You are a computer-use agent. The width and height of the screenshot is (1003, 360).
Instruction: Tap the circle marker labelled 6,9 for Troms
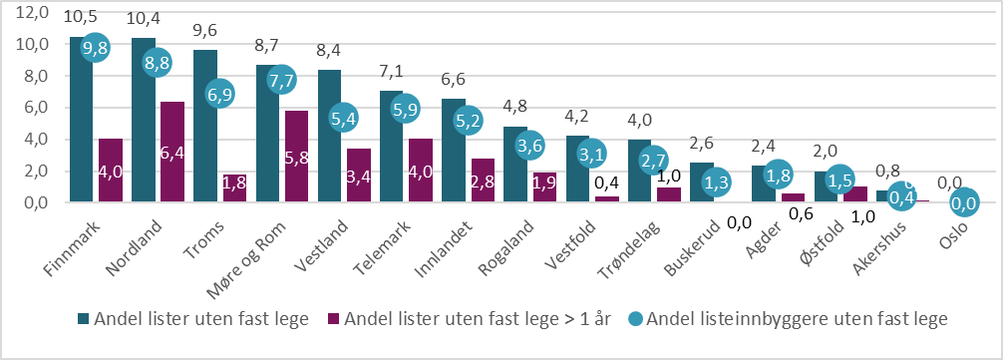[x=219, y=93]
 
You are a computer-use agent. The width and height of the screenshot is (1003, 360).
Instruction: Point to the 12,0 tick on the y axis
[x=32, y=13]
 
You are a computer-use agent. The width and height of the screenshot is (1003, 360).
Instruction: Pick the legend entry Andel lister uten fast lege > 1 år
[x=475, y=319]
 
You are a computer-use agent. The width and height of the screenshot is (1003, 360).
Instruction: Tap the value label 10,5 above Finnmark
[x=81, y=18]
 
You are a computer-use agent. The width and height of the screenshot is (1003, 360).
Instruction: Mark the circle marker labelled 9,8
[x=95, y=47]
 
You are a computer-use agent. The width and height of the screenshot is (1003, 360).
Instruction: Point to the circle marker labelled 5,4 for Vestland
[x=344, y=117]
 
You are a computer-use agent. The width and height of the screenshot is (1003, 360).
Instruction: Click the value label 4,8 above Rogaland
[x=516, y=108]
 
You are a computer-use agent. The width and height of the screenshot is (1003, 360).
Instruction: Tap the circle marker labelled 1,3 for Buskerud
[x=715, y=181]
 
